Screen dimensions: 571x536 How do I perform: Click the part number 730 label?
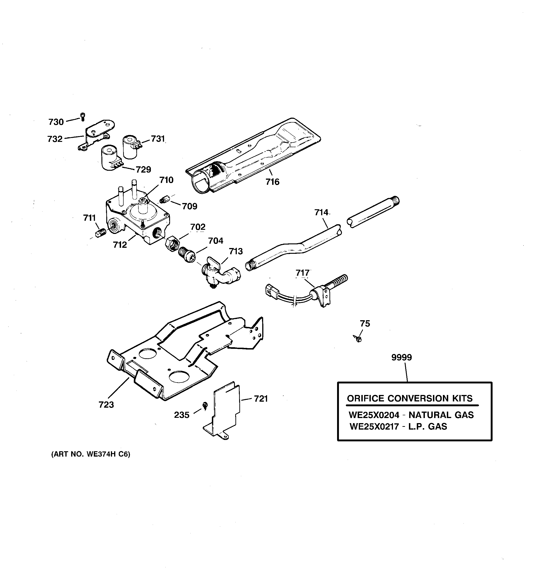[x=56, y=122]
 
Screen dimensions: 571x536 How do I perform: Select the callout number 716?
[x=272, y=182]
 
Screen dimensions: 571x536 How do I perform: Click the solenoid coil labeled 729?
[x=109, y=158]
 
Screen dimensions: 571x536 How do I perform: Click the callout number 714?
[x=321, y=212]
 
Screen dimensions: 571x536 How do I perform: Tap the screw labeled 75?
[x=358, y=339]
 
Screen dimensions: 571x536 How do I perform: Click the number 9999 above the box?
[x=401, y=358]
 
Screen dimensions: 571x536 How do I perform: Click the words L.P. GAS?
[x=428, y=427]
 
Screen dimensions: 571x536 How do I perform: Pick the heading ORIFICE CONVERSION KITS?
[x=410, y=398]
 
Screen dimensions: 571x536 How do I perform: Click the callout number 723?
[x=106, y=405]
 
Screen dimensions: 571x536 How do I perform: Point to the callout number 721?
[x=261, y=399]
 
